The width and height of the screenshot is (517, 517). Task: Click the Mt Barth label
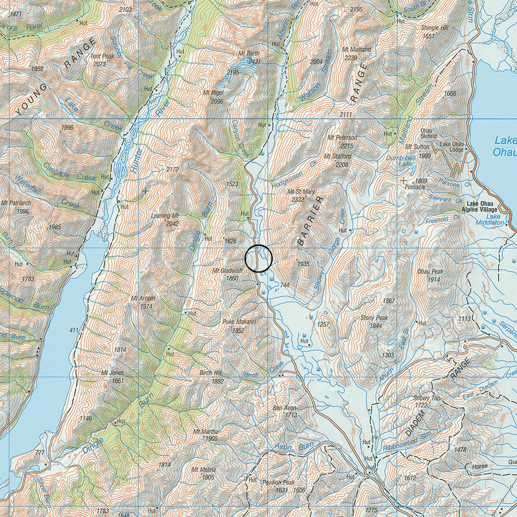pyautogui.click(x=249, y=53)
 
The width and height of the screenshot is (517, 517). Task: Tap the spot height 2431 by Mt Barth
pyautogui.click(x=254, y=62)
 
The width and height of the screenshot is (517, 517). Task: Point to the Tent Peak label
pyautogui.click(x=102, y=56)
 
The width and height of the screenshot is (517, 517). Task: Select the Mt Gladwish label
pyautogui.click(x=227, y=271)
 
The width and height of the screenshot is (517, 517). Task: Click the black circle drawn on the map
pyautogui.click(x=258, y=258)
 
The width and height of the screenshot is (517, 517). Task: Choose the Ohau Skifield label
pyautogui.click(x=429, y=133)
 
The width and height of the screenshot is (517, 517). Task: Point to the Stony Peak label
pyautogui.click(x=374, y=318)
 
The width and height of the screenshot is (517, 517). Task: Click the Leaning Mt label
pyautogui.click(x=165, y=216)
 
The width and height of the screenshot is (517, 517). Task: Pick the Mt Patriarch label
pyautogui.click(x=16, y=203)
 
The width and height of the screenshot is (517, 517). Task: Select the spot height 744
pyautogui.click(x=285, y=285)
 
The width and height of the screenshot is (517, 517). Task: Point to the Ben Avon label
pyautogui.click(x=284, y=408)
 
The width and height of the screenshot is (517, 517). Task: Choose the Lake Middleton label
pyautogui.click(x=490, y=220)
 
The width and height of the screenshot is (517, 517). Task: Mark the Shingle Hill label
pyautogui.click(x=435, y=28)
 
